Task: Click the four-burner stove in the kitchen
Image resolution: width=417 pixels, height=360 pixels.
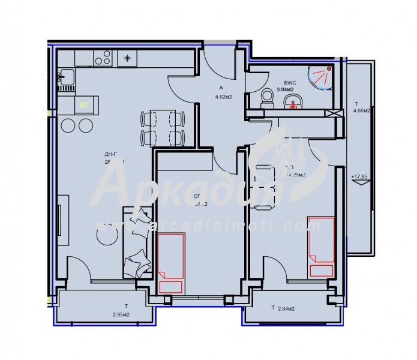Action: click(x=103, y=58)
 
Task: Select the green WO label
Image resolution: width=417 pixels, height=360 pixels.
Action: click(x=85, y=104)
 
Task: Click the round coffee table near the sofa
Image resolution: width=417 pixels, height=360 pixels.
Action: click(x=107, y=235)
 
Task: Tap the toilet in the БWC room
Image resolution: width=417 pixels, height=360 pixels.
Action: click(x=267, y=97)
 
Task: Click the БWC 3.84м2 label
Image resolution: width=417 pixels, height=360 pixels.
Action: click(x=284, y=86)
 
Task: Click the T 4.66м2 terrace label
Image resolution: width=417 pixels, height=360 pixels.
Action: click(x=361, y=107)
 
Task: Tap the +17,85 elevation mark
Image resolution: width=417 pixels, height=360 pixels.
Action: click(x=359, y=177)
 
